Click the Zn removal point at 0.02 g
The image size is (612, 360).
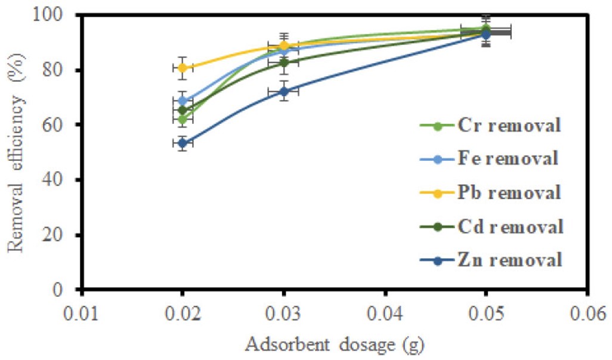click(x=183, y=142)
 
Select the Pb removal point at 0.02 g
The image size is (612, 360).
click(x=183, y=67)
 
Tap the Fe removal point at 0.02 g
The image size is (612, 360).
click(x=183, y=101)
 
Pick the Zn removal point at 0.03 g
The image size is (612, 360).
click(x=284, y=91)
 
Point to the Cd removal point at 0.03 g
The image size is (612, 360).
click(x=284, y=62)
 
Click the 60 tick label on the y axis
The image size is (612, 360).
click(x=64, y=125)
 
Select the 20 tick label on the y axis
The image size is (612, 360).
click(x=64, y=235)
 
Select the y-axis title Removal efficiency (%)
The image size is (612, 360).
click(x=18, y=151)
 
